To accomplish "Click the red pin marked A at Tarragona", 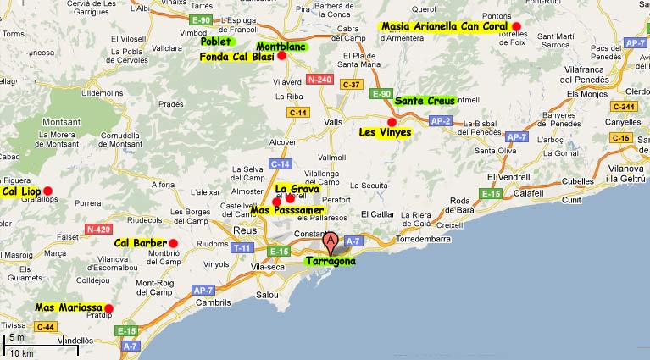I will tap(331, 242).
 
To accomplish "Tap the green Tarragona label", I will tap(331, 262).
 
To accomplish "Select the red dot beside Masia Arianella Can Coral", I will tap(516, 27).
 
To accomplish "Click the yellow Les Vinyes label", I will tap(385, 132).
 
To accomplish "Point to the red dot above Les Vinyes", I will tap(391, 122).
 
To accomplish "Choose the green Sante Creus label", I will tap(425, 100).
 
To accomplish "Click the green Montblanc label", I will tap(281, 47).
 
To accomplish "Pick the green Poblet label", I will tap(217, 41).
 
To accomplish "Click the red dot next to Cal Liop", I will tap(48, 190).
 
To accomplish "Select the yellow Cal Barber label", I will tap(141, 243).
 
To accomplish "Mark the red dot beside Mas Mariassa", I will tap(108, 308).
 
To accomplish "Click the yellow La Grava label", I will tap(297, 189).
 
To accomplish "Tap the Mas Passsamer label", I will tap(286, 209).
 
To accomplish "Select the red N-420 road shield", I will tap(98, 230).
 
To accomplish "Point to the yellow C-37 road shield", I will tap(351, 85).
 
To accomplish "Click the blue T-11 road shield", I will tap(242, 247).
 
